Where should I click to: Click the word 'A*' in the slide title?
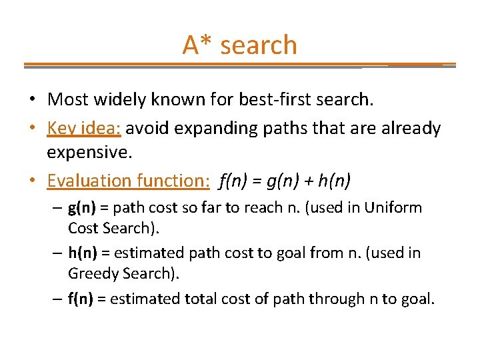[x=198, y=45]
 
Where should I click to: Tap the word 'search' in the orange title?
[x=258, y=45]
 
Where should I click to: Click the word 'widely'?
[x=118, y=100]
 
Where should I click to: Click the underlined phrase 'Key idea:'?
[x=83, y=128]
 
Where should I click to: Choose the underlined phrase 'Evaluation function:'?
[x=129, y=180]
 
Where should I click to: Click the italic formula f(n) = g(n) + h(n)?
[x=285, y=180]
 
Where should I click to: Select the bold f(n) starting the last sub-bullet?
[x=81, y=299]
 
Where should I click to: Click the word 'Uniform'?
[x=393, y=208]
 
